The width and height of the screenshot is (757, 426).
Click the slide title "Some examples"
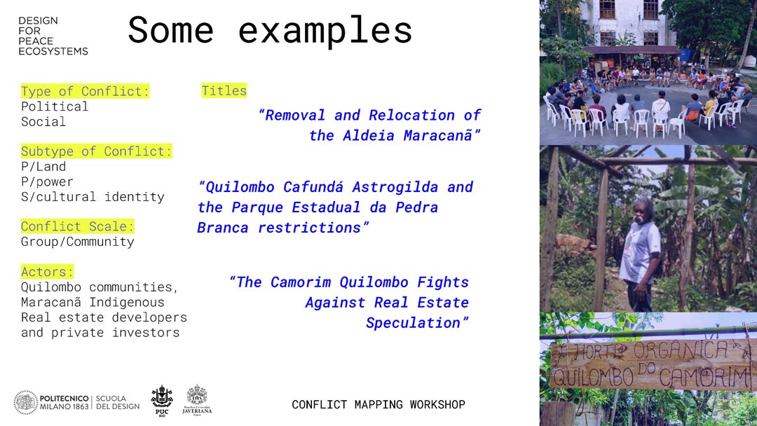tap(270, 30)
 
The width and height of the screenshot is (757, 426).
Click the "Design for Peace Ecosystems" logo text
tap(53, 36)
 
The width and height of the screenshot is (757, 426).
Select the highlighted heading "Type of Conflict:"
tap(85, 91)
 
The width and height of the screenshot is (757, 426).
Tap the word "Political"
tap(55, 106)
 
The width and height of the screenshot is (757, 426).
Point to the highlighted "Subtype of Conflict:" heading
tap(96, 151)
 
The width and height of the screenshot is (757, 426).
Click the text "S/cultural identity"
tap(93, 197)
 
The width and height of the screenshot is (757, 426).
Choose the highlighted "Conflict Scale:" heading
tap(77, 226)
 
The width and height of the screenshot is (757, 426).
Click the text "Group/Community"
tap(77, 242)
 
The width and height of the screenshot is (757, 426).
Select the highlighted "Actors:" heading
tap(47, 272)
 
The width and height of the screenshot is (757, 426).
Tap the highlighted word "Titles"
tap(224, 90)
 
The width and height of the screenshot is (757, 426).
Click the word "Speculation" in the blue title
tap(414, 323)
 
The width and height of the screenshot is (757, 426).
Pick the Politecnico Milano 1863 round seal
tap(26, 402)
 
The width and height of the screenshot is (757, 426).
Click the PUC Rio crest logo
tap(162, 400)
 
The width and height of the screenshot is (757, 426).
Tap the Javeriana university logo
tap(197, 400)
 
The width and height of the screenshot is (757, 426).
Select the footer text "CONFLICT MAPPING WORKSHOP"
tap(378, 404)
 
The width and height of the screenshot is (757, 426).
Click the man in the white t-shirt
tap(640, 254)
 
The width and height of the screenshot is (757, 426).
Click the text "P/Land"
tap(43, 167)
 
